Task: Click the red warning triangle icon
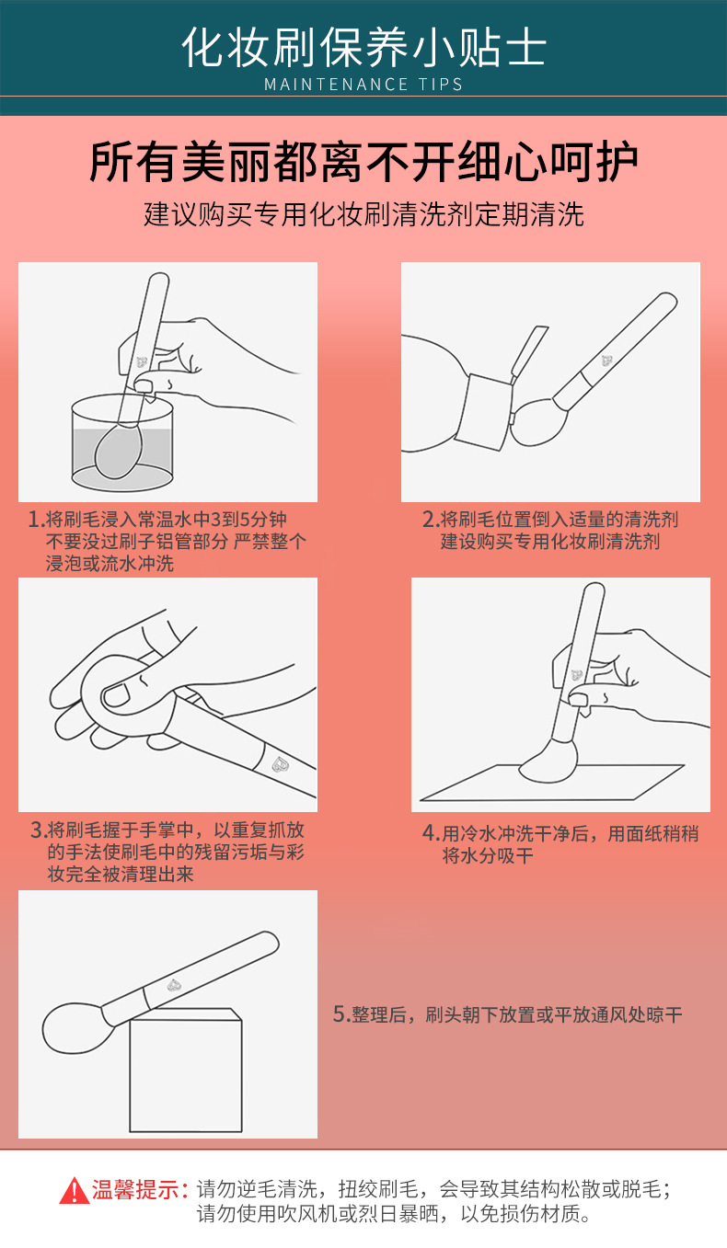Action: tap(75, 1191)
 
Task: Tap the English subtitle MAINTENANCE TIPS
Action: tap(363, 84)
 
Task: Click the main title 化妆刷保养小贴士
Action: tap(363, 47)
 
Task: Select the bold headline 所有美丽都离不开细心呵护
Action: tap(363, 162)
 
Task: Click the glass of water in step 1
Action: tap(122, 443)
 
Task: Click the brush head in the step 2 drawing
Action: tap(538, 421)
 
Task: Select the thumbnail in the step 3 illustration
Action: tap(116, 695)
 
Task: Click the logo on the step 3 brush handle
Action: tap(280, 764)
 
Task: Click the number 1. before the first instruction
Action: tap(36, 520)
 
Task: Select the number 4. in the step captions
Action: tap(431, 833)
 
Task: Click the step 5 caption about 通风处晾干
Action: tap(507, 1014)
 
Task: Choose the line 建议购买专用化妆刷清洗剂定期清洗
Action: tap(363, 214)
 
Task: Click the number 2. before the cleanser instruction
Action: tap(431, 520)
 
